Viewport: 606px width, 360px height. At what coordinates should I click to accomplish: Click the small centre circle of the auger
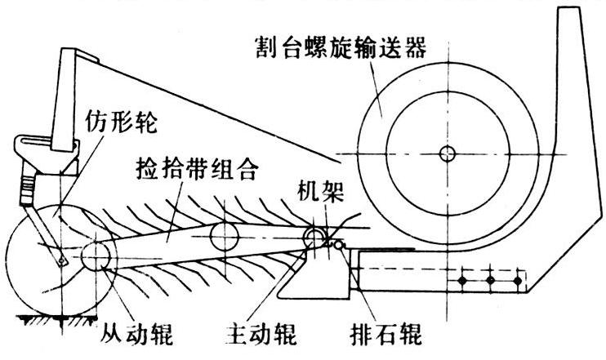tap(445, 153)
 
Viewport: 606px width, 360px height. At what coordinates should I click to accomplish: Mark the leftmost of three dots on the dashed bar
tap(461, 281)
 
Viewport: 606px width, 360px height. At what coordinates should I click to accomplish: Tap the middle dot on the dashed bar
tap(489, 281)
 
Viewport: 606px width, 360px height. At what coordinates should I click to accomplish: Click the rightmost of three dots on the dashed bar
tap(517, 281)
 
